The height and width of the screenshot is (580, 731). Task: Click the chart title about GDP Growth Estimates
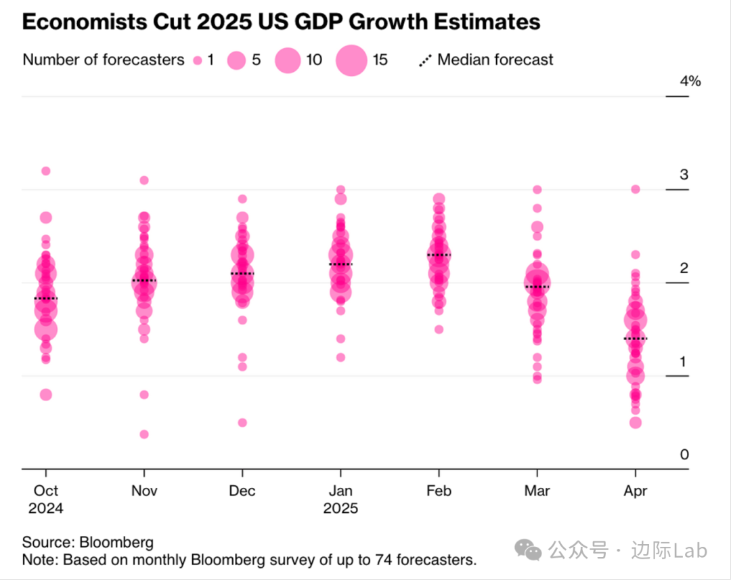pos(281,22)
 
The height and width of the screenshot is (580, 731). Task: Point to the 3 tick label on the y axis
pos(684,175)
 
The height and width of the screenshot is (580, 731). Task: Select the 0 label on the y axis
pos(684,455)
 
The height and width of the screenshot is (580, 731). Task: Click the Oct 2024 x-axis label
pos(45,499)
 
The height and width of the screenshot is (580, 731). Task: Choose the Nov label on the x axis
pos(144,491)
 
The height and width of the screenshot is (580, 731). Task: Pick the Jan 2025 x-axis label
pos(340,499)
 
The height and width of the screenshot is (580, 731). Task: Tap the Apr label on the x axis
pos(635,491)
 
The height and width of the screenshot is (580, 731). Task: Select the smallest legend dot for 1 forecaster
pos(198,60)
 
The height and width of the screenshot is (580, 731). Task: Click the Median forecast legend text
pos(495,60)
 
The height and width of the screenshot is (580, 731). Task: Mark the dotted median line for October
pos(45,298)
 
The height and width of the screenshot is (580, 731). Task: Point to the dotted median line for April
pos(636,338)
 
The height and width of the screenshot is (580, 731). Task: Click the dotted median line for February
pos(439,255)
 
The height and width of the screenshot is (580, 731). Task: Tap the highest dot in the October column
pos(45,171)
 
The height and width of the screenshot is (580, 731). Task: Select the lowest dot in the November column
pos(144,434)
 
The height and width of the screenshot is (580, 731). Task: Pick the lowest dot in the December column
pos(242,423)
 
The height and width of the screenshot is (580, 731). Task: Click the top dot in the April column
pos(636,189)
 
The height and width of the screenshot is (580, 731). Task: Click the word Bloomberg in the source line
pos(116,542)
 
